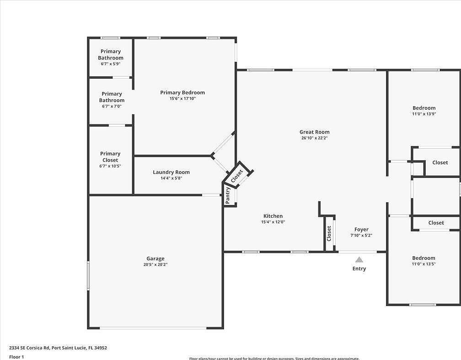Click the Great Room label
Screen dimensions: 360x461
coord(314,132)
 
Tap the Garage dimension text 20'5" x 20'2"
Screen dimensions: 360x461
coord(155,264)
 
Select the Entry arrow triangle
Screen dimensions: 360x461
coord(359,259)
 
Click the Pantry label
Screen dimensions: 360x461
coord(228,195)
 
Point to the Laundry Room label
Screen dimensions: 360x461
coord(171,172)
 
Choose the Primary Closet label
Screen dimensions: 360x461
coord(110,157)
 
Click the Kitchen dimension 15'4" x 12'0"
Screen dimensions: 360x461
coord(273,222)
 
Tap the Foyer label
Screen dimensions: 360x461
coord(361,230)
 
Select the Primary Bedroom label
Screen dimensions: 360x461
coord(182,92)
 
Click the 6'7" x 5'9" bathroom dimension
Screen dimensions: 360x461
coord(110,64)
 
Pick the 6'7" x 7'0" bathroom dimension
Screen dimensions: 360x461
coord(112,106)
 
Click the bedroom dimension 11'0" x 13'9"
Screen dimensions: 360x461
coord(424,114)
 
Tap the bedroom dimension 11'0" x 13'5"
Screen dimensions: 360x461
coord(423,263)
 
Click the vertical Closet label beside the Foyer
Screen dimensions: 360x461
coord(329,233)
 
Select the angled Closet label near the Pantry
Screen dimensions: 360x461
coord(237,176)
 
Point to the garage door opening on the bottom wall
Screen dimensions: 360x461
coord(153,328)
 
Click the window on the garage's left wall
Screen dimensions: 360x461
coord(88,275)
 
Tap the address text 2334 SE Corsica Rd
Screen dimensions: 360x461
coord(58,348)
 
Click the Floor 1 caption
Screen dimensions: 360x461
coord(16,357)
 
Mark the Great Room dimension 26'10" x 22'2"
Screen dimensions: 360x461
coord(314,138)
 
